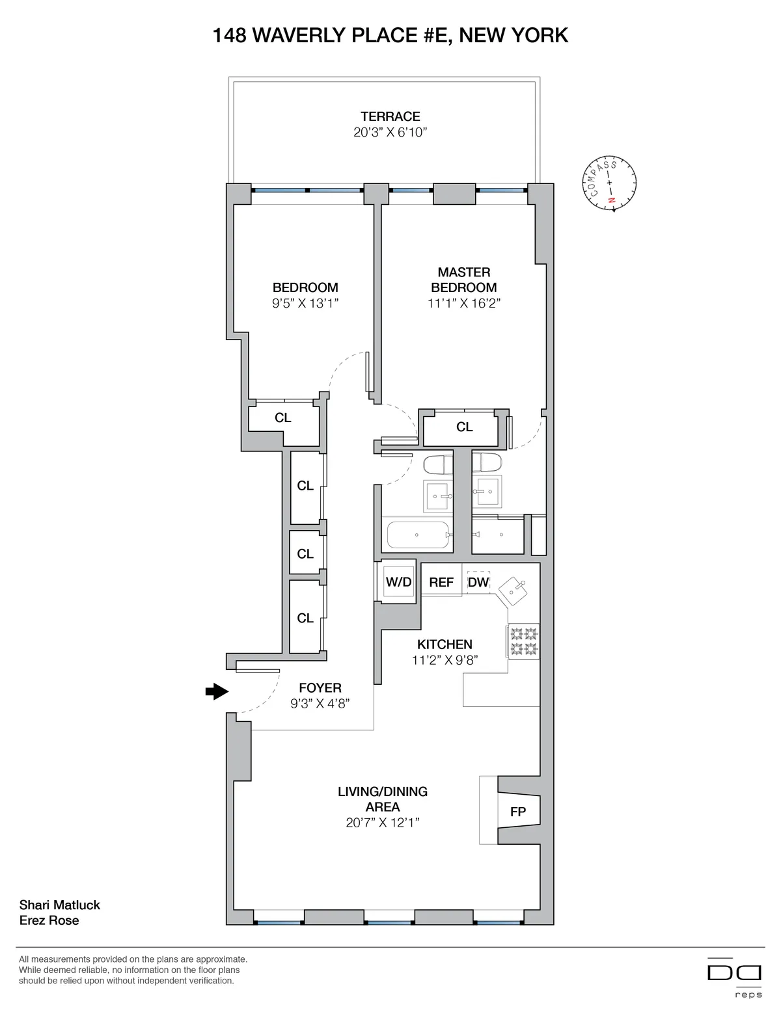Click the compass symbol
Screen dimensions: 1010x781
point(610,185)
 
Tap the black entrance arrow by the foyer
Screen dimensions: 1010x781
point(217,691)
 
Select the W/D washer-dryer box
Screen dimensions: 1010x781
point(398,581)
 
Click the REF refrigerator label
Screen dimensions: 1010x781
point(441,582)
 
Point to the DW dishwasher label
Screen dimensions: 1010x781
point(478,582)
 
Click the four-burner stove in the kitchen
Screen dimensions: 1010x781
point(524,641)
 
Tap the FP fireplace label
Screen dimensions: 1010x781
point(518,812)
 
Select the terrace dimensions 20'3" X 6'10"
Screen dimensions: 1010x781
point(390,133)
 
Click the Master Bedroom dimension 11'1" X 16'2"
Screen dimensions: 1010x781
point(464,303)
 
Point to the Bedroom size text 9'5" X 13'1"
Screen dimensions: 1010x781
point(305,303)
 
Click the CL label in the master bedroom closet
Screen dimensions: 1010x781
point(464,427)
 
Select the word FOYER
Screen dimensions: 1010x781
point(320,687)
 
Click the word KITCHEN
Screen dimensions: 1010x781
point(445,645)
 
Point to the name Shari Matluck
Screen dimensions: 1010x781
point(60,905)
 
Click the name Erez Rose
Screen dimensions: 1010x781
point(49,920)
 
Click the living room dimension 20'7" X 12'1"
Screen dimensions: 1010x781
point(383,823)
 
